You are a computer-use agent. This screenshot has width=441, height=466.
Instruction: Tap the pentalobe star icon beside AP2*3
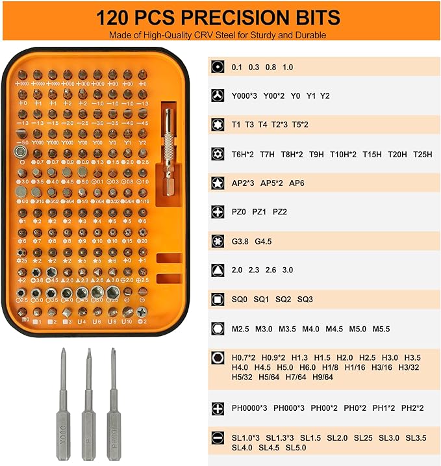tap(218, 183)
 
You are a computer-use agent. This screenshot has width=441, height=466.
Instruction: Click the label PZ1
tap(260, 212)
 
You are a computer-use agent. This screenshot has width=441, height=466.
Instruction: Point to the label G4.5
tap(263, 241)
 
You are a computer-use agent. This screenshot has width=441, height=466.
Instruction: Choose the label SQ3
tap(305, 300)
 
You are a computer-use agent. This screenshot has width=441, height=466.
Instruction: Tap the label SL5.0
tap(296, 447)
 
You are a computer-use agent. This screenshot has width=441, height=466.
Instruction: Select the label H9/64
tap(323, 376)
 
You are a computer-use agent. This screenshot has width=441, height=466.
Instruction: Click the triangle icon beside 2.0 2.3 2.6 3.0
tap(218, 270)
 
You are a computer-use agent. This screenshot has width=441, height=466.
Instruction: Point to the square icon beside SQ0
tap(218, 300)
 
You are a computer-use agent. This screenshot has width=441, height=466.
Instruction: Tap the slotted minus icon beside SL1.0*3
tap(218, 437)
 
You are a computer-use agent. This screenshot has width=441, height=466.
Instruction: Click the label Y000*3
tap(245, 96)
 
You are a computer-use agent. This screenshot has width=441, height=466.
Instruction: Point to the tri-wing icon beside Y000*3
tap(218, 96)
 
